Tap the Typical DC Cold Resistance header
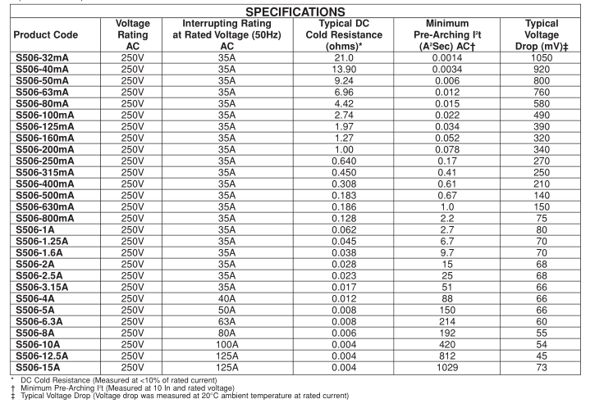[x=344, y=35]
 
